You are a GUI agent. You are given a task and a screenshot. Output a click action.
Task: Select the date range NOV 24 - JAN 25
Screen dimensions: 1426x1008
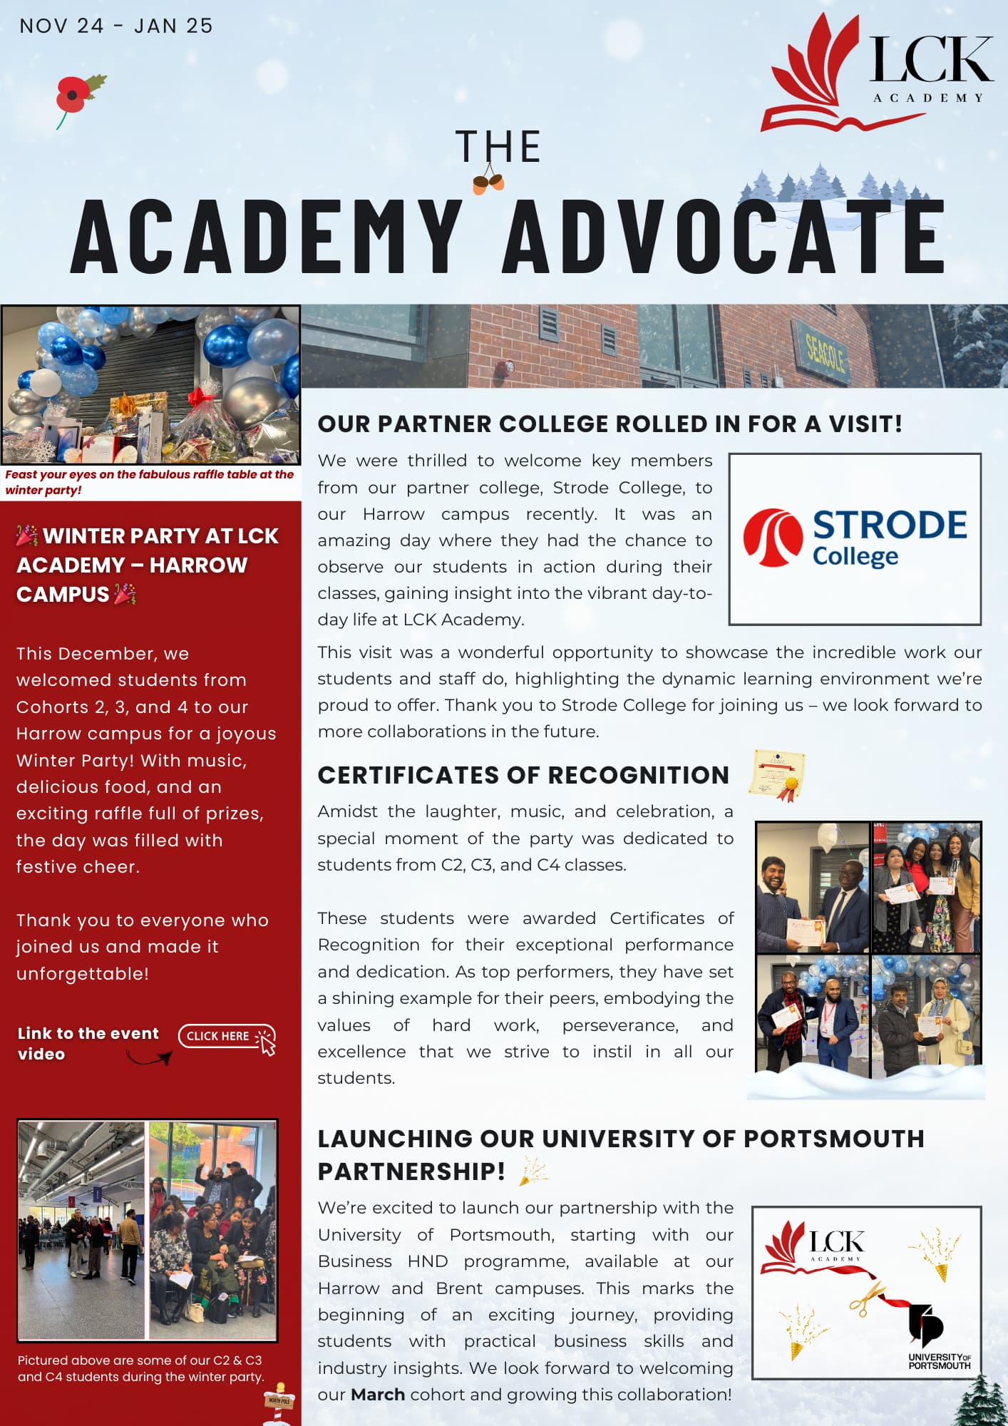(116, 26)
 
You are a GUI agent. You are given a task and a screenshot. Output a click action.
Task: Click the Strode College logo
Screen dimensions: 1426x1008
(855, 539)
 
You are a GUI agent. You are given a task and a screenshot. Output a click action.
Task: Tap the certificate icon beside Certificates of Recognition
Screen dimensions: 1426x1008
(777, 774)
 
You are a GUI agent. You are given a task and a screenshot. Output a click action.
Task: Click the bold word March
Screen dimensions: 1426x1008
(378, 1395)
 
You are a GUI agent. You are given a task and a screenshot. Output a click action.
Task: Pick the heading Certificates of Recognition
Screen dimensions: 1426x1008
(523, 775)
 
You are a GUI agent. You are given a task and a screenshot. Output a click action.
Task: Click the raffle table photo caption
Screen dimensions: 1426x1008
(149, 482)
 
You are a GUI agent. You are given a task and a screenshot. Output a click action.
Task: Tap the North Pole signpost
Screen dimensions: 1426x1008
(279, 1402)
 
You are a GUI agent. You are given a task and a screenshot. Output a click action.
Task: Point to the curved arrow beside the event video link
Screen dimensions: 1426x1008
(150, 1058)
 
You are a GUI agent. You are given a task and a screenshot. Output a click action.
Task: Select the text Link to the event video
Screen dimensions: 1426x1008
(88, 1043)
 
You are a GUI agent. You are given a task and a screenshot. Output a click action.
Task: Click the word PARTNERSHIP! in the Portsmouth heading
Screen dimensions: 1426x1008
(411, 1171)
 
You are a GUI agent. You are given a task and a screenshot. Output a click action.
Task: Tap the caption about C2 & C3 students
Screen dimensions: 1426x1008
(140, 1368)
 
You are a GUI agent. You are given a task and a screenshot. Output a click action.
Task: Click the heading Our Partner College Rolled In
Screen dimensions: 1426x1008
(610, 424)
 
